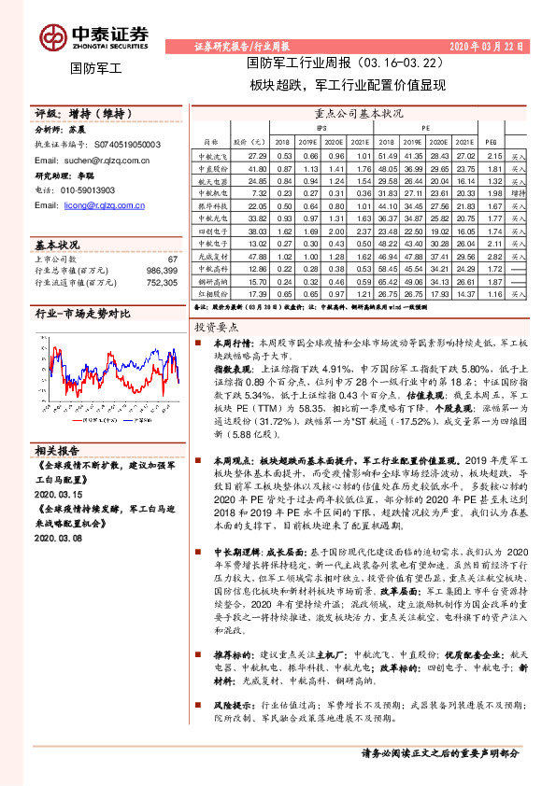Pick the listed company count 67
coord(172,258)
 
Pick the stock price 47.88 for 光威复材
coord(259,255)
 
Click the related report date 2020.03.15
coord(59,493)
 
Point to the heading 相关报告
coord(62,449)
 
